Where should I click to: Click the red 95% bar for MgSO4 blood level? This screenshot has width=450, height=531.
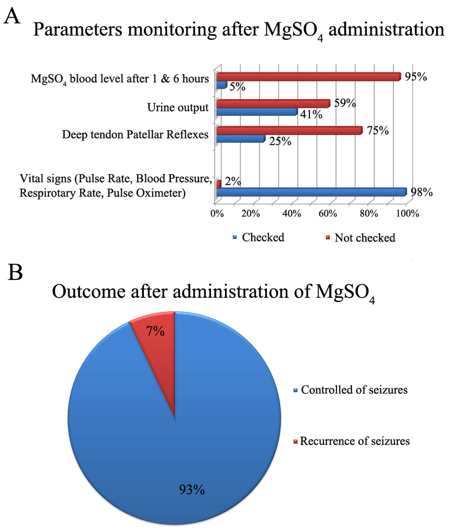tap(309, 77)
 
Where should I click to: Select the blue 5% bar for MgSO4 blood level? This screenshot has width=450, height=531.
tap(222, 85)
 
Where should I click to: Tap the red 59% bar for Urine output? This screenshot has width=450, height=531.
tap(273, 104)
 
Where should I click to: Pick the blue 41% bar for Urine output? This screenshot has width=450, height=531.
tap(257, 112)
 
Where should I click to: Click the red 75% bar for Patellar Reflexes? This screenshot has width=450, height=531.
tap(290, 130)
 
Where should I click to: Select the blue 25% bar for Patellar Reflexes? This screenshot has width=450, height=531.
tap(241, 138)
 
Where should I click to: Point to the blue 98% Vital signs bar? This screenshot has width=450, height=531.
tap(311, 192)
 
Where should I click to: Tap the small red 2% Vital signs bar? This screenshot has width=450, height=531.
tap(219, 184)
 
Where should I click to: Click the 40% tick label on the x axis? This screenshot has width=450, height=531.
tap(292, 214)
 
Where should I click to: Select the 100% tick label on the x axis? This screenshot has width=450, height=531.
tap(408, 214)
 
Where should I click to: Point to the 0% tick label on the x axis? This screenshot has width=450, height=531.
tap(217, 214)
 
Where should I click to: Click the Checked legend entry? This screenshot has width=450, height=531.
tap(258, 237)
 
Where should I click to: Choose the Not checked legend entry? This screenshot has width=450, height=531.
tap(360, 238)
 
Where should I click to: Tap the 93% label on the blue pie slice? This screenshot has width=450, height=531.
tap(192, 490)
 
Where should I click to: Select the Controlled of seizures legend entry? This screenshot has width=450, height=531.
tap(350, 390)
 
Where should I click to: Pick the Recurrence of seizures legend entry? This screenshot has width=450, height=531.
tap(351, 441)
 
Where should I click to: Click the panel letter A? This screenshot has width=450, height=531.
tap(12, 16)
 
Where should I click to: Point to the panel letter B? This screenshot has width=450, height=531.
tap(15, 272)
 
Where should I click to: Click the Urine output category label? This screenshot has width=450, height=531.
tap(178, 107)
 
